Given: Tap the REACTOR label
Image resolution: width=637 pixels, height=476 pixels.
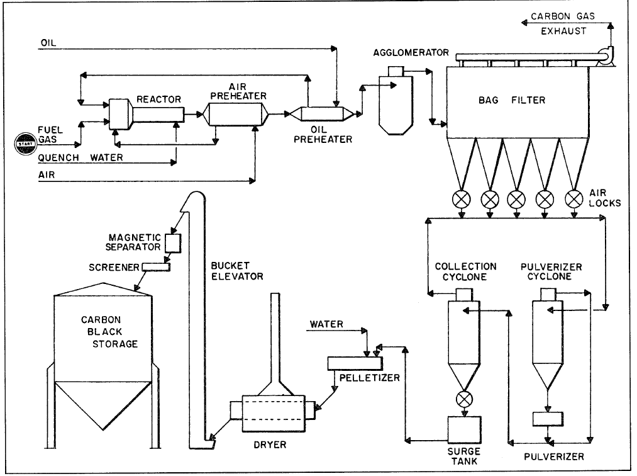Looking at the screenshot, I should click(158, 99).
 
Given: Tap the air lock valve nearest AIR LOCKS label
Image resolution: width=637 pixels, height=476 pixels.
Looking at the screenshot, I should click(573, 199).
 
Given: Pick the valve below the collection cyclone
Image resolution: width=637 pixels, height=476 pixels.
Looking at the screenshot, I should click(464, 399).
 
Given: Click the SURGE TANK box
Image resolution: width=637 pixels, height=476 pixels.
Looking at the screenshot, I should click(463, 428).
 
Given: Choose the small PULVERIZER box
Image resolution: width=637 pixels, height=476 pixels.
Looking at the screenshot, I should click(548, 419).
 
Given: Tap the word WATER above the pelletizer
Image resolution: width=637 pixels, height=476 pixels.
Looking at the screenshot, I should click(326, 324).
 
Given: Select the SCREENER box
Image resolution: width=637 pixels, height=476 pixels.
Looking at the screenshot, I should click(156, 267).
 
